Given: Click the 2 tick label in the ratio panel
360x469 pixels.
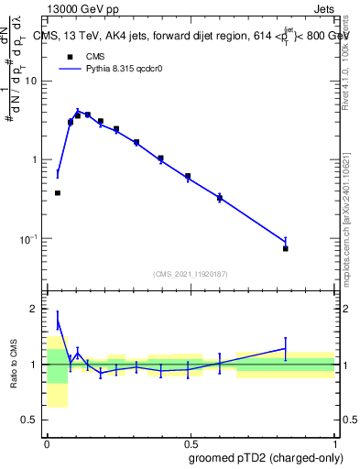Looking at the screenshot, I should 38,309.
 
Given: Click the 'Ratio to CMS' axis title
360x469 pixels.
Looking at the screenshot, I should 16,364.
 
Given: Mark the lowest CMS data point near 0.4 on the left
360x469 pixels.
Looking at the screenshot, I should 58,193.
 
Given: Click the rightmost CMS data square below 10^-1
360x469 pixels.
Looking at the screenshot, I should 286,248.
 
